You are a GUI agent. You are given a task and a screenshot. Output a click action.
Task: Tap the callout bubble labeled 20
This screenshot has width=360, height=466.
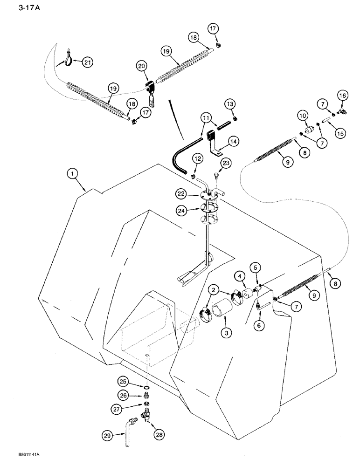pos(141,67)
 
